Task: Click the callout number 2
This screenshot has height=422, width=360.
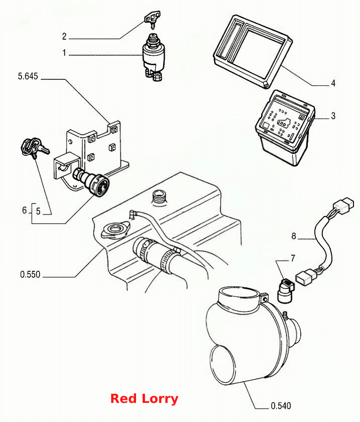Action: pos(64,36)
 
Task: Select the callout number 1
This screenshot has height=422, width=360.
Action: pos(64,53)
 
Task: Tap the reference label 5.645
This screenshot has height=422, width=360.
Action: pos(28,76)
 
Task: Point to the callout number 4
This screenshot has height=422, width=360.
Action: pos(333,83)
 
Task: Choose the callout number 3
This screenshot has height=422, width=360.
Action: pos(333,116)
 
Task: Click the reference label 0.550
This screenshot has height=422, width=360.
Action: pos(30,274)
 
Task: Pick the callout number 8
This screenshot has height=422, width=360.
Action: pos(294,236)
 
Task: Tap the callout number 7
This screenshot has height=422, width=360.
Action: pos(293,258)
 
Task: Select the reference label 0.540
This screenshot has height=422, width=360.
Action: pos(281,405)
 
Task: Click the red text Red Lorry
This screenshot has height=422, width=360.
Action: pos(144,398)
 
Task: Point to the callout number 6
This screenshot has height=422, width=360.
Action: pos(25,210)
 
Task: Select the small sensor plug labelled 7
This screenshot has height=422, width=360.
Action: pos(286,291)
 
